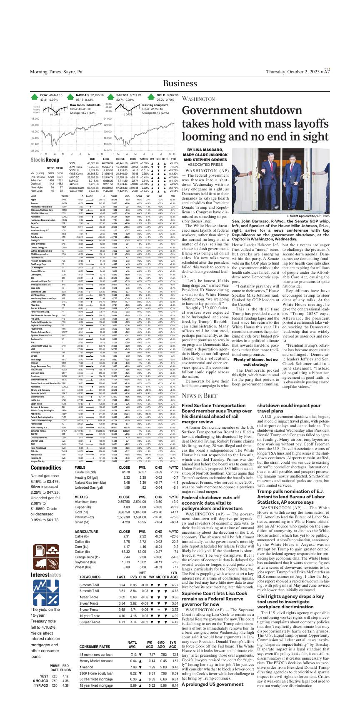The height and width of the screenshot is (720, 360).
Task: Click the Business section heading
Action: (180, 83)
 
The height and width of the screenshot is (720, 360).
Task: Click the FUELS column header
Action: (80, 468)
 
